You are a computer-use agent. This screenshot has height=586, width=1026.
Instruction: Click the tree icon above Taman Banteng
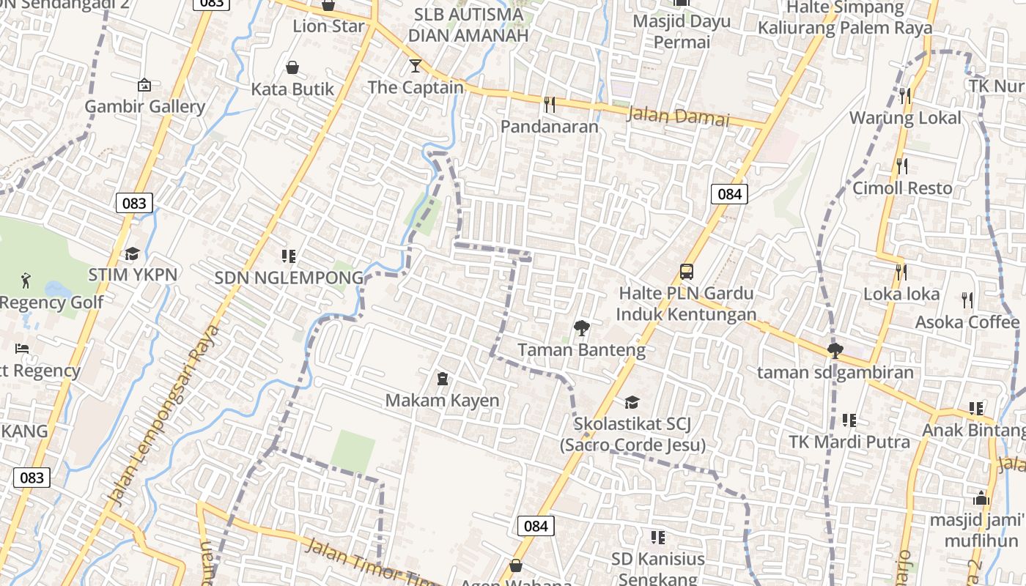pyautogui.click(x=582, y=327)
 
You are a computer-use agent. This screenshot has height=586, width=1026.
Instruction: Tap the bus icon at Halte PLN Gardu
pyautogui.click(x=687, y=272)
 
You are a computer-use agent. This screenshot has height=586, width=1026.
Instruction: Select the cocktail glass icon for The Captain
pyautogui.click(x=416, y=66)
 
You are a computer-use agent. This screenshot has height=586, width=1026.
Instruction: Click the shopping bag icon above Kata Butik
pyautogui.click(x=292, y=68)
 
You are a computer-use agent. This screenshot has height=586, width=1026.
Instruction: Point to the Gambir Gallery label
pyautogui.click(x=145, y=106)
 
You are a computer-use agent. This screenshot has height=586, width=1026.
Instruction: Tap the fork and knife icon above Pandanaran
pyautogui.click(x=550, y=105)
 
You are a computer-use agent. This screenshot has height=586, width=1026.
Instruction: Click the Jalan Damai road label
pyautogui.click(x=679, y=116)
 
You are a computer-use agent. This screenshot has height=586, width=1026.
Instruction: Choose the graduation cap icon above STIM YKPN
pyautogui.click(x=132, y=253)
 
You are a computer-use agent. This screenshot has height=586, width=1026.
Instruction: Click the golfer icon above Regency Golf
pyautogui.click(x=26, y=280)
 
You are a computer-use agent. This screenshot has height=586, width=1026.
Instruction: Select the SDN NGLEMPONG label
pyautogui.click(x=289, y=278)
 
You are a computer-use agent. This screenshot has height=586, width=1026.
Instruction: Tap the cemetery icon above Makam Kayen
pyautogui.click(x=443, y=379)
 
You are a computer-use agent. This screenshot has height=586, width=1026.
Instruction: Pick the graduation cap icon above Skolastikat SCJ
pyautogui.click(x=632, y=402)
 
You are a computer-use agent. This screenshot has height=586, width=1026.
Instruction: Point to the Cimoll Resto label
pyautogui.click(x=902, y=188)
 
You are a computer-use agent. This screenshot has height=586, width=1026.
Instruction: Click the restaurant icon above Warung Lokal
pyautogui.click(x=904, y=96)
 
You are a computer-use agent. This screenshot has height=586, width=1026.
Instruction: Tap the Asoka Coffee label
pyautogui.click(x=967, y=322)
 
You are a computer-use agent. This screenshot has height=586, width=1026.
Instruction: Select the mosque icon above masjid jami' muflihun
pyautogui.click(x=981, y=499)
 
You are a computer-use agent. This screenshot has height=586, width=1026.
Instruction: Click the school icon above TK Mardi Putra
pyautogui.click(x=849, y=420)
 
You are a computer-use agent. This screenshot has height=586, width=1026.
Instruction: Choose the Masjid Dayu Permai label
pyautogui.click(x=682, y=31)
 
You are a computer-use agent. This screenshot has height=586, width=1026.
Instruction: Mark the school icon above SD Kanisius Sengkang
pyautogui.click(x=658, y=538)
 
